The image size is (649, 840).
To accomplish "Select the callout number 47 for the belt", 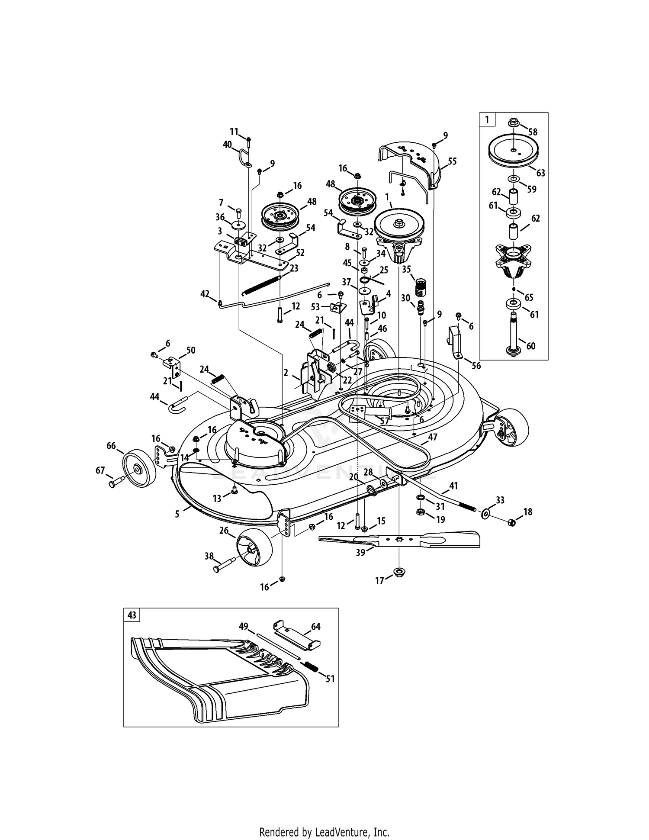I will (x=433, y=437).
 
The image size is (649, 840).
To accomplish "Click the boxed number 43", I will (x=132, y=615).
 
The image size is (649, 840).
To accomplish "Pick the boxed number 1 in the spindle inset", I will (x=487, y=119).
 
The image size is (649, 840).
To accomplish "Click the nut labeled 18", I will (x=511, y=523).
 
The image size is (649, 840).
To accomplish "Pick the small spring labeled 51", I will (x=310, y=666).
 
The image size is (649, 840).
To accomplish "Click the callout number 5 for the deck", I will (x=177, y=514).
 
